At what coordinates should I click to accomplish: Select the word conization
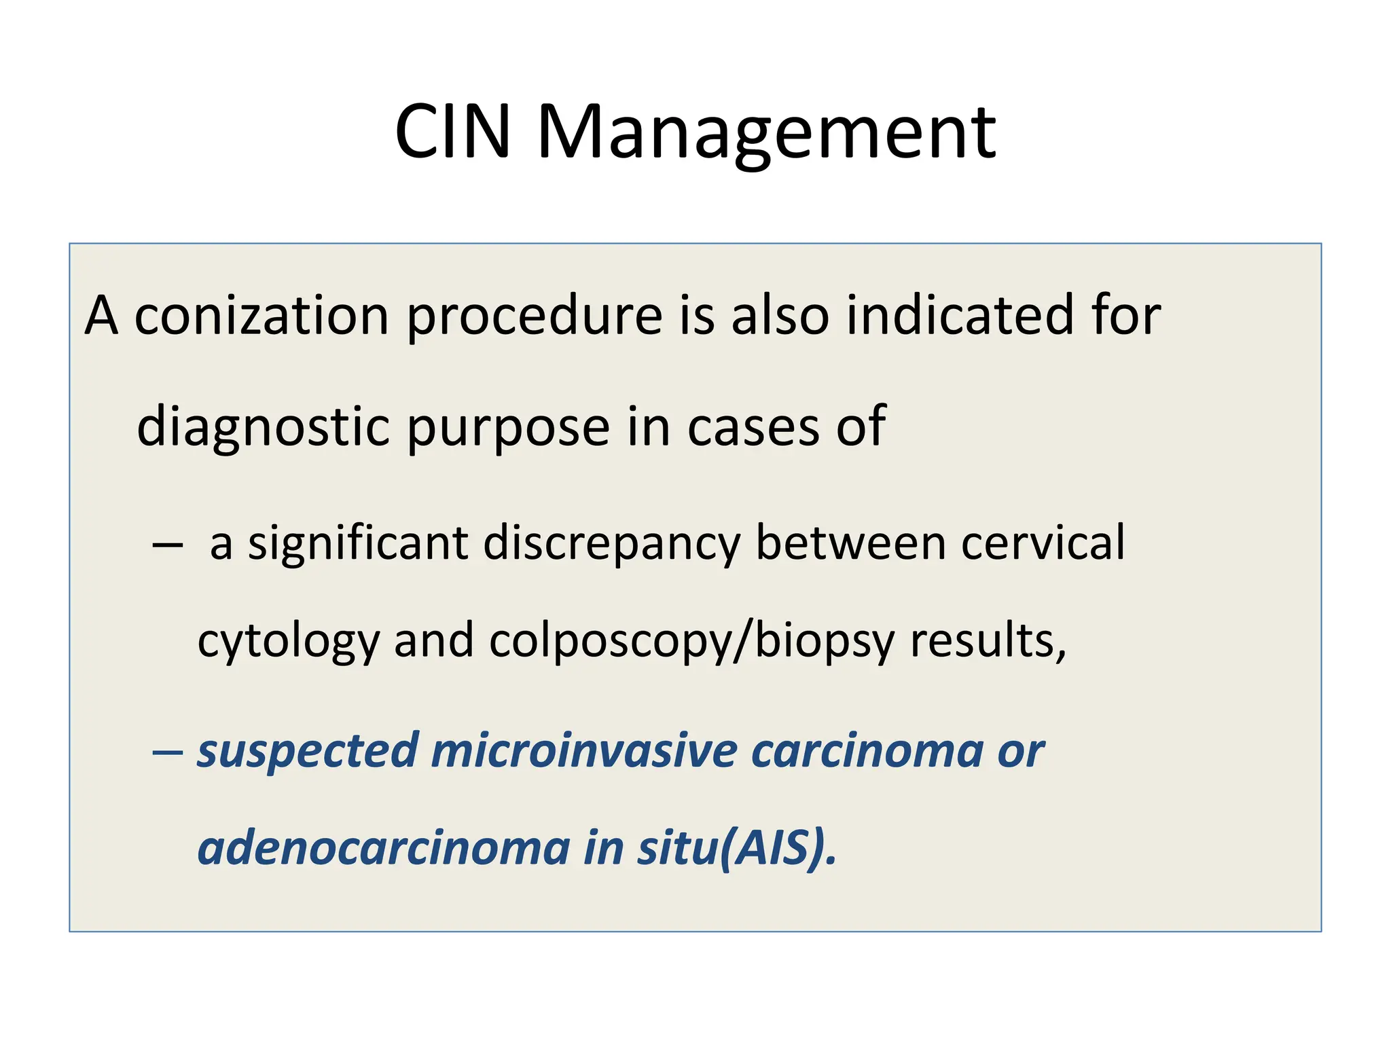click(261, 316)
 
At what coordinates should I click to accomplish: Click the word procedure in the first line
click(535, 316)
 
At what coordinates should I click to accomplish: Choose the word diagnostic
click(264, 426)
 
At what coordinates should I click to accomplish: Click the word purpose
click(508, 426)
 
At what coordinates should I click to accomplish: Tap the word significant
click(358, 543)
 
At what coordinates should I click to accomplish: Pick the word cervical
click(1043, 543)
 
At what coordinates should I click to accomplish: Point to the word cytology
click(288, 641)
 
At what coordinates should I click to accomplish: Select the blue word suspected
click(307, 752)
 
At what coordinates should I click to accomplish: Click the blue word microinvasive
click(584, 752)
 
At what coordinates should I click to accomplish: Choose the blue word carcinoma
click(867, 752)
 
